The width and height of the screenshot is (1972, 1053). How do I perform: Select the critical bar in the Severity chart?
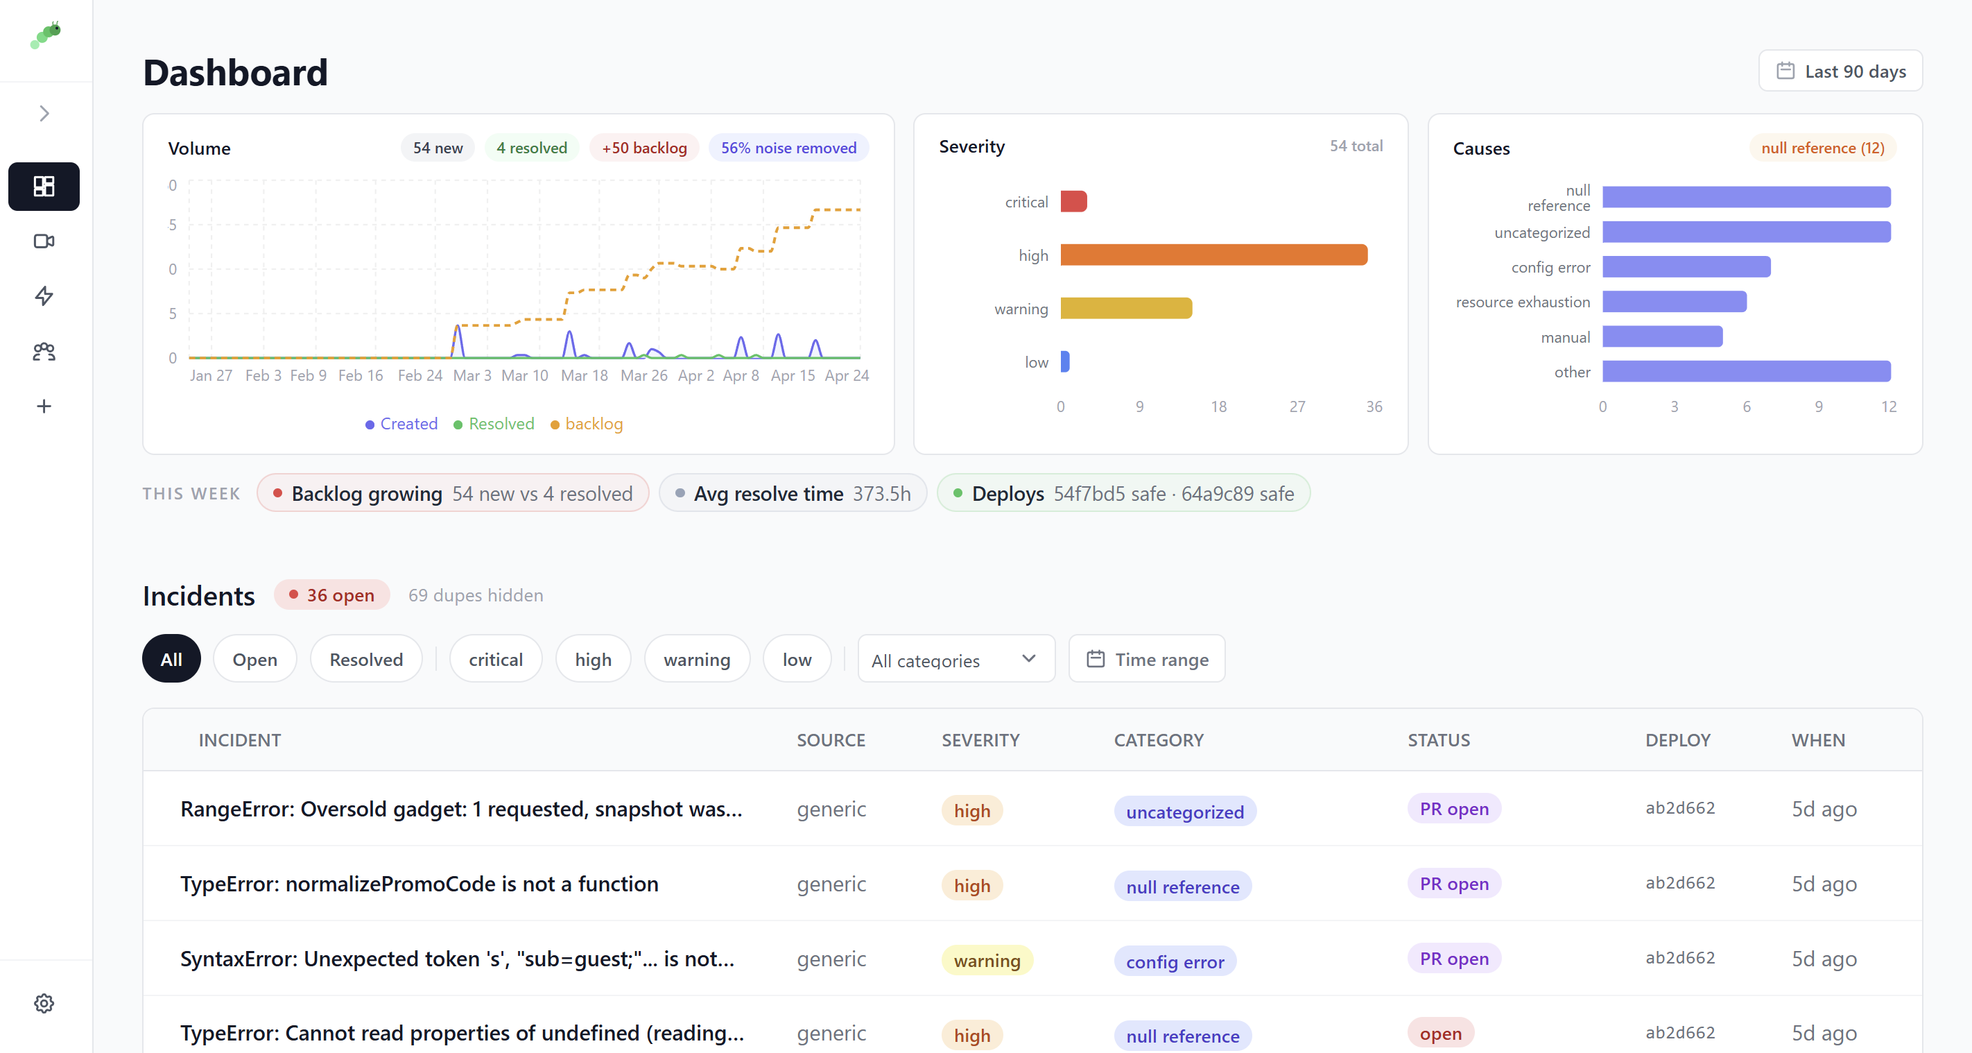(1073, 201)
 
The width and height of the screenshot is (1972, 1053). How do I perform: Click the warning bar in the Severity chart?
(1125, 309)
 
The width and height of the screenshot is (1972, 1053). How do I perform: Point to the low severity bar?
(1065, 361)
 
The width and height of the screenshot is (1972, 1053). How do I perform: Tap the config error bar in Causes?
(1686, 267)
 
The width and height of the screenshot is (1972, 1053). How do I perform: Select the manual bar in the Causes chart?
(1662, 337)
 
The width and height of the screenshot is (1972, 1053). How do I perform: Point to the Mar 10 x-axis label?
(524, 375)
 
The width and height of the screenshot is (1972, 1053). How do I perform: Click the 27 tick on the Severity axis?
(1297, 406)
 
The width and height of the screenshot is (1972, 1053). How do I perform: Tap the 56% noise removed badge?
(788, 148)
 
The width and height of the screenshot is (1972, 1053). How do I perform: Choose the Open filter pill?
(254, 660)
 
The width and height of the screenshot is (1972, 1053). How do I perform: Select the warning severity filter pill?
(696, 660)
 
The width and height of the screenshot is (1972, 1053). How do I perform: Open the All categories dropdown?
(955, 660)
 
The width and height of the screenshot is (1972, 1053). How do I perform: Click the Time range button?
(1147, 660)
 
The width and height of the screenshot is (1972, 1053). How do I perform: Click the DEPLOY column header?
(1677, 739)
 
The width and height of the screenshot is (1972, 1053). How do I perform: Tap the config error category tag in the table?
(1175, 962)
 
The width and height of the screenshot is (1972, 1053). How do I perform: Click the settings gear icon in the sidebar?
(44, 1003)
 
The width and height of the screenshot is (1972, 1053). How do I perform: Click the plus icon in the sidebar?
(44, 406)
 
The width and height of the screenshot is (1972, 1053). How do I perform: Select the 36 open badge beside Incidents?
(331, 595)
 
